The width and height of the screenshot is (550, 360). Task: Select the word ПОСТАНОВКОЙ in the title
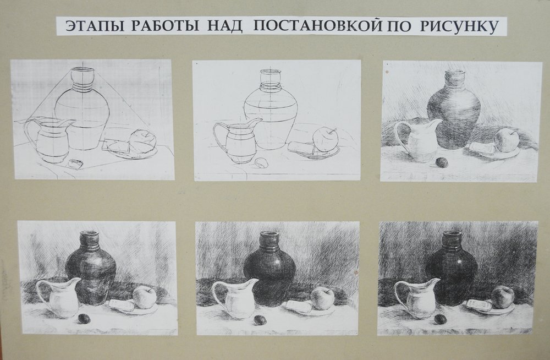(318, 26)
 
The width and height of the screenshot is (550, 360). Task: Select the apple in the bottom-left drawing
(144, 297)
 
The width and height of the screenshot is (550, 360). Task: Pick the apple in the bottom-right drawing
(503, 297)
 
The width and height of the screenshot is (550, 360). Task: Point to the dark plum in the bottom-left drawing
(84, 318)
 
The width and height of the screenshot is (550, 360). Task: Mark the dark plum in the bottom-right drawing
(440, 319)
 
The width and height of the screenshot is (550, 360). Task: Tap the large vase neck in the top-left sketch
(83, 79)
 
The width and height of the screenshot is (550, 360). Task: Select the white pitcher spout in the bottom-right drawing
(433, 283)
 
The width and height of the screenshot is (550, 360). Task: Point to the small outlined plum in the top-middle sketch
(261, 162)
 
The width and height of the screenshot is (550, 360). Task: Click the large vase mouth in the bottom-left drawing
(90, 233)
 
